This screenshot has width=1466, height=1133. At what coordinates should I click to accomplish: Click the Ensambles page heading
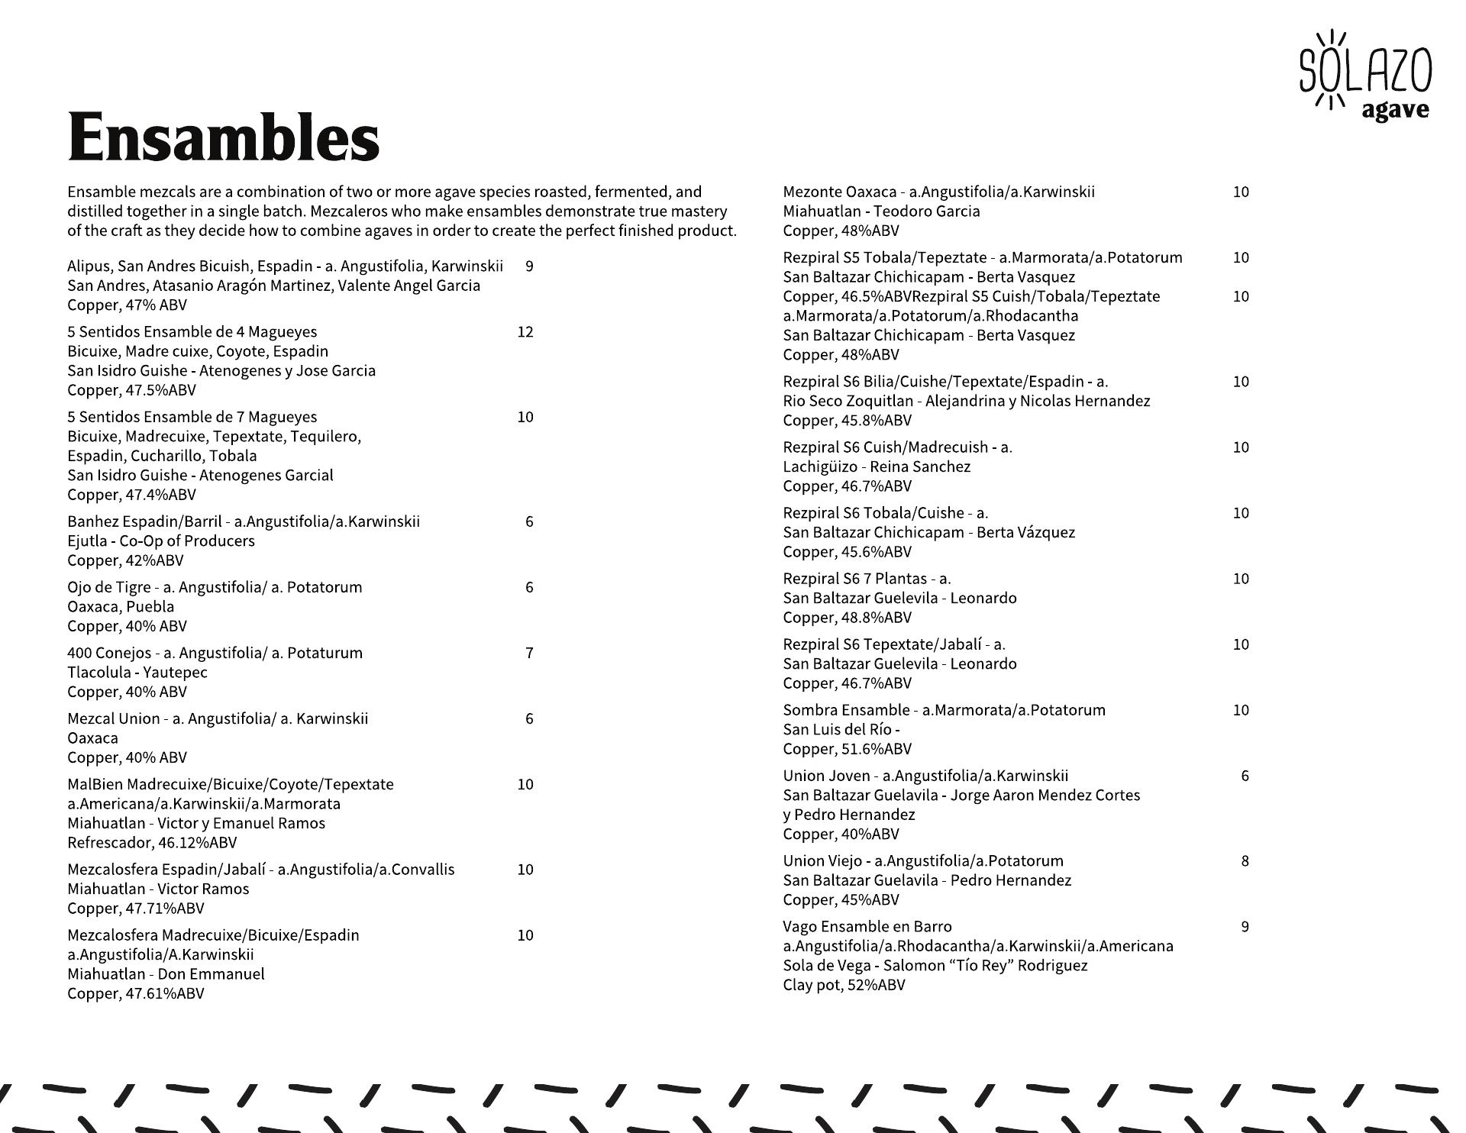tap(223, 137)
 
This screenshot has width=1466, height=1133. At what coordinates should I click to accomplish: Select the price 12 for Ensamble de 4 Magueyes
tap(525, 332)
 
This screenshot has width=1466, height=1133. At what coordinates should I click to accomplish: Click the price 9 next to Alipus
tap(529, 266)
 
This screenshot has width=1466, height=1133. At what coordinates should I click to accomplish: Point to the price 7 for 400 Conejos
tap(529, 653)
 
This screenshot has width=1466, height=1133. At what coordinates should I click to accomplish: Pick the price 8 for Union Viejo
tap(1245, 861)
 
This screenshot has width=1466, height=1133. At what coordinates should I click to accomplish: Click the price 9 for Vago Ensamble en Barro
tap(1245, 927)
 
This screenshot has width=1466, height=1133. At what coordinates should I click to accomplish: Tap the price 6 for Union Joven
tap(1245, 776)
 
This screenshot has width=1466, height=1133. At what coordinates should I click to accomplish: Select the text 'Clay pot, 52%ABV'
tap(844, 985)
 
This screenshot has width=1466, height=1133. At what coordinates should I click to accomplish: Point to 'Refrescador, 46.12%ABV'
tap(152, 843)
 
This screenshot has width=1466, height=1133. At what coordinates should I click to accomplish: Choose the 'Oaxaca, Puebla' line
tap(121, 607)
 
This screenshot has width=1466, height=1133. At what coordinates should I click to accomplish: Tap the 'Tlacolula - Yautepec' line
tap(137, 673)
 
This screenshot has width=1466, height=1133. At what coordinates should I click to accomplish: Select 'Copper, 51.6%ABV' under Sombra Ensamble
tap(847, 749)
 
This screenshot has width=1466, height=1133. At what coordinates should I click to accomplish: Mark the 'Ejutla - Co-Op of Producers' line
tap(161, 541)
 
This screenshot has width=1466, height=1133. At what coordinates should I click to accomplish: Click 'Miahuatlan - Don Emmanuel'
tap(166, 974)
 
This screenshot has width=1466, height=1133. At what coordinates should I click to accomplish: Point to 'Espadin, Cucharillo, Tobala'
tap(162, 456)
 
